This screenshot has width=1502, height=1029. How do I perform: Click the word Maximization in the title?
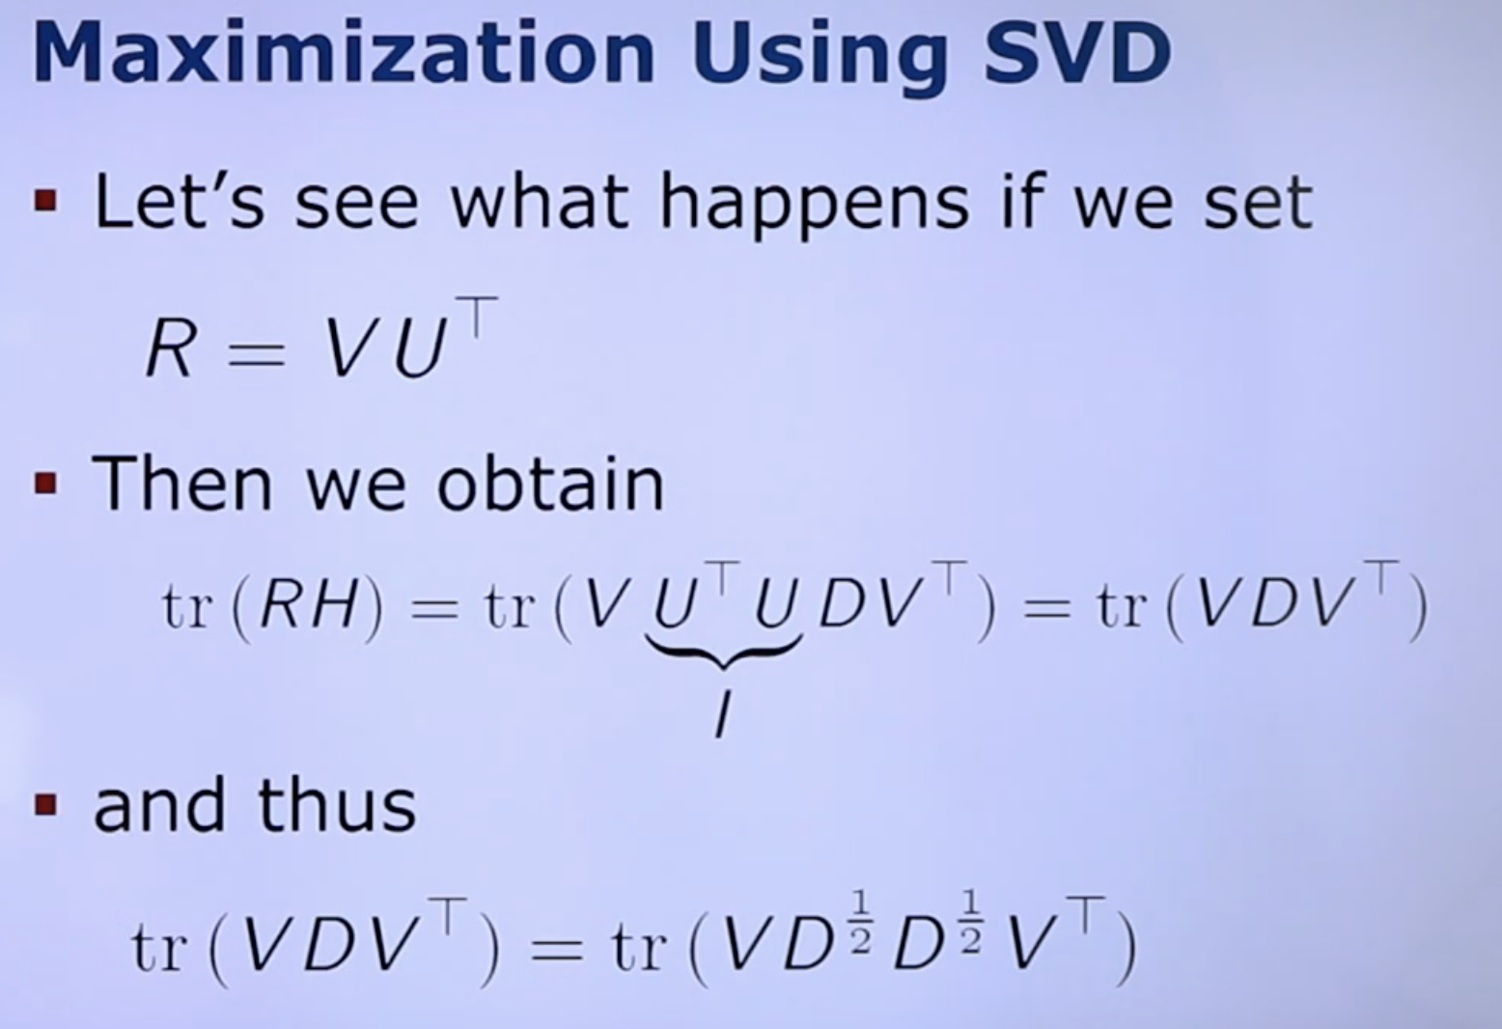point(343,54)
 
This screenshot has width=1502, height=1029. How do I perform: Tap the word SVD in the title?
point(1077,54)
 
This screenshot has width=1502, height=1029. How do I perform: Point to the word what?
point(541,201)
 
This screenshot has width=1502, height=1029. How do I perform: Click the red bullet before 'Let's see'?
point(45,201)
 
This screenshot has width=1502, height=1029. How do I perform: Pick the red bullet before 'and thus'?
point(45,804)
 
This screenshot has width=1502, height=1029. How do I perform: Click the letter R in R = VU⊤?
point(171,348)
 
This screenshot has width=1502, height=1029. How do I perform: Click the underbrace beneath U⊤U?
point(724,652)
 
